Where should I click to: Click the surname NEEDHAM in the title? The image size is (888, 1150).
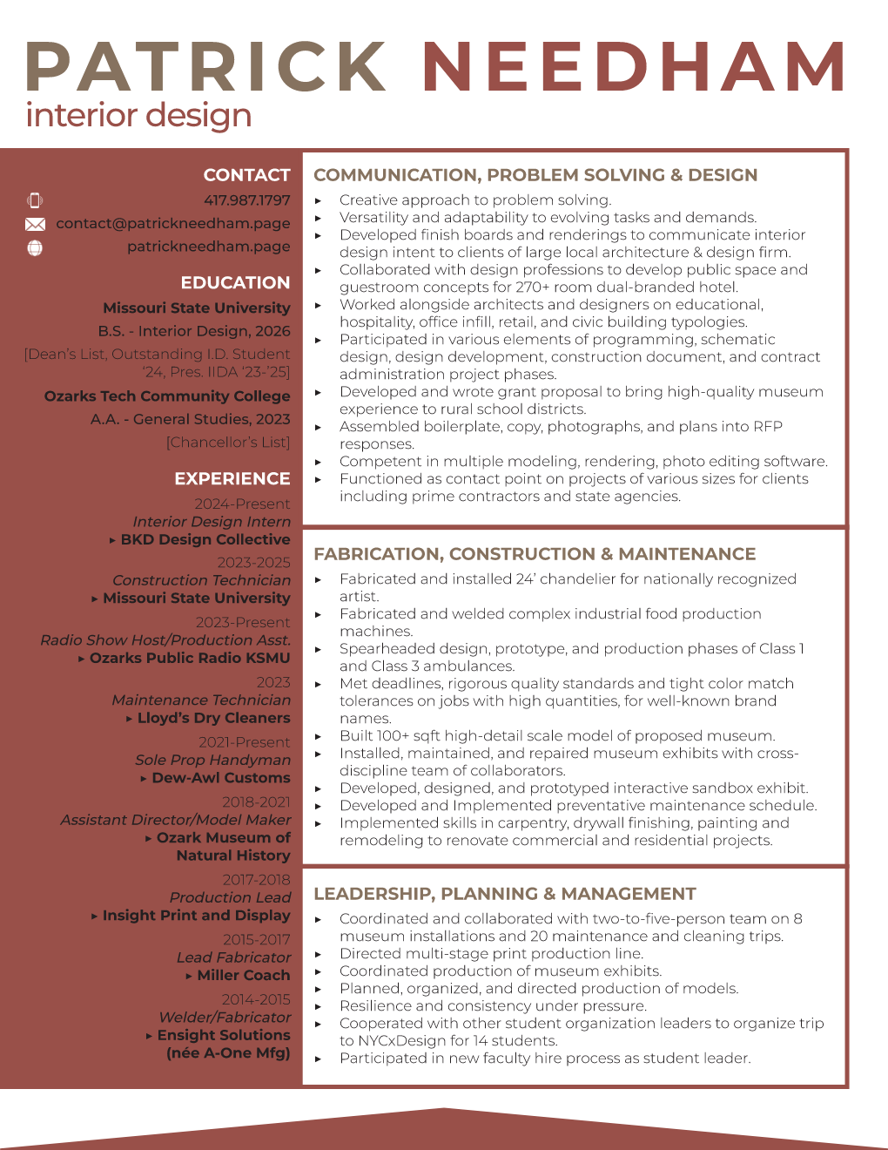coord(634,67)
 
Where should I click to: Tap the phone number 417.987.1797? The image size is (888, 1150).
coord(247,200)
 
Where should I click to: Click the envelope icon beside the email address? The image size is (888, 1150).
coord(35,225)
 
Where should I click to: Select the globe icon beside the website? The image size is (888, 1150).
coord(35,247)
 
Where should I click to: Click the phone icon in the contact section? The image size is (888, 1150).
coord(35,200)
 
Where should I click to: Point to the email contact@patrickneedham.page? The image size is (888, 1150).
coord(173,224)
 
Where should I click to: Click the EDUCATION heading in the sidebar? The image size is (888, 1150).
coord(235,282)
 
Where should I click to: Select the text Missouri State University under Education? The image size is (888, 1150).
coord(197,308)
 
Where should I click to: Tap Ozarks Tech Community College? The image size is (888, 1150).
coord(167,396)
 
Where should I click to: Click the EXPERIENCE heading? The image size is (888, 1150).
coord(232,478)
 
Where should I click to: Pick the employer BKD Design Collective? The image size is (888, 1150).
coord(205,540)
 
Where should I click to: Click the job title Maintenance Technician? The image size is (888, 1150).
coord(201,700)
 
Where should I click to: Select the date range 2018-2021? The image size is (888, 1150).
coord(256,802)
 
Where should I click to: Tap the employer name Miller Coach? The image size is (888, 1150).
coord(244,976)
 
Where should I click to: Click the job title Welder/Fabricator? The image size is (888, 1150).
coord(225,1018)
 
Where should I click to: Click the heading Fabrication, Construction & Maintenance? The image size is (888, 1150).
coord(535,554)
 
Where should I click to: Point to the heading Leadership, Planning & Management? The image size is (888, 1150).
coord(505,894)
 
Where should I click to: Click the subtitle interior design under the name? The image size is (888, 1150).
coord(139,116)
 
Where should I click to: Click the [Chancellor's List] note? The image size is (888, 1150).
coord(228,443)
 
